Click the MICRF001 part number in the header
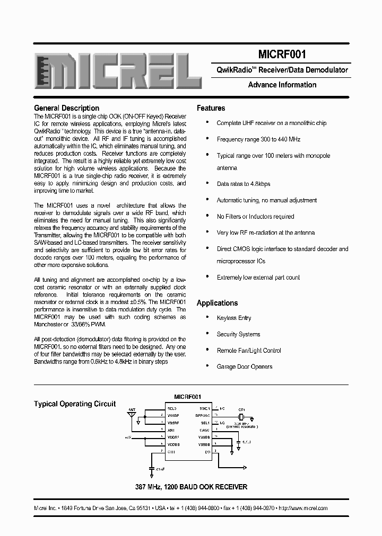coord(282,54)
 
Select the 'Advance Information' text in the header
coord(282,85)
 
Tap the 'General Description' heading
coord(66,108)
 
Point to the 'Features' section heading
coord(211,108)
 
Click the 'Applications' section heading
coord(217,303)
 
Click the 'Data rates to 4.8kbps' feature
coord(243,184)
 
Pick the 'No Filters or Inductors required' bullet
coord(255,216)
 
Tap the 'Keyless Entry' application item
coord(233,318)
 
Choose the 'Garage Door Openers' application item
coord(244,367)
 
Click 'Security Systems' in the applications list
coord(238,334)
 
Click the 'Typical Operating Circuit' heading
coord(75,404)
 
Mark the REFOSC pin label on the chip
coord(203,416)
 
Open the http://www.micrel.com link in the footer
coord(303,508)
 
